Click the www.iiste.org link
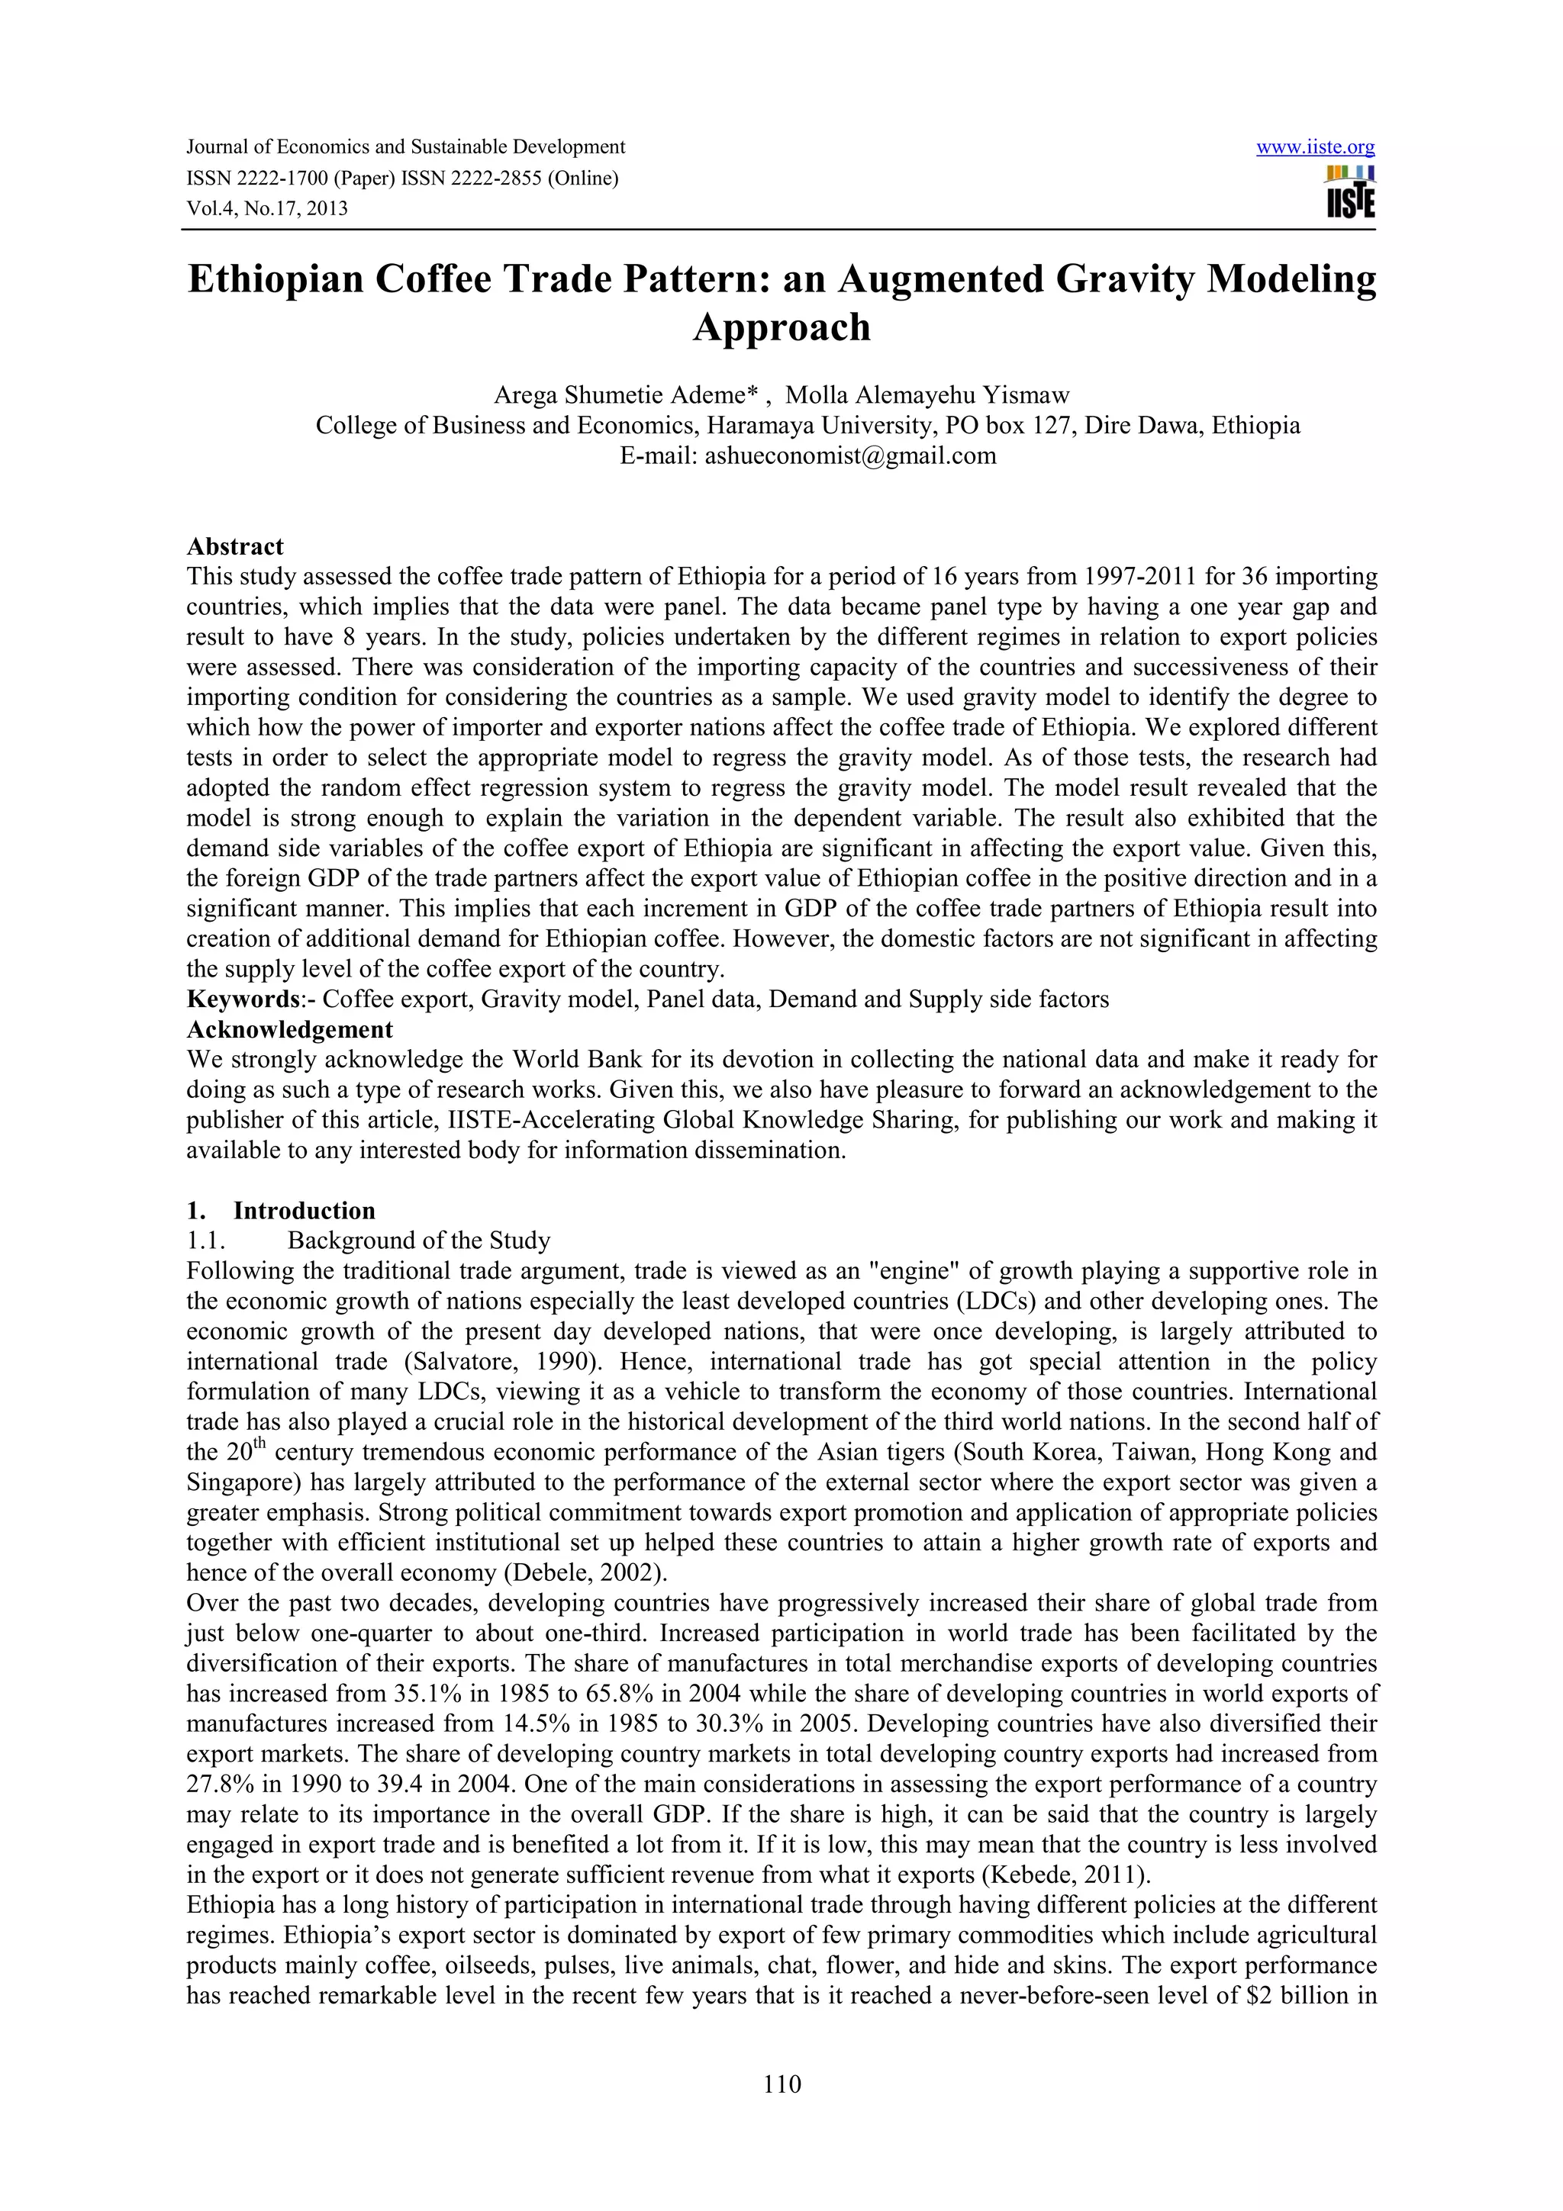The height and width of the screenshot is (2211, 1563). (x=1316, y=147)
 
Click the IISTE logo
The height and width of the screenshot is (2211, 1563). (x=1350, y=194)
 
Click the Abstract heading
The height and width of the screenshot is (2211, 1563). (x=235, y=546)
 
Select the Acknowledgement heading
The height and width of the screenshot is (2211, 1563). (x=290, y=1029)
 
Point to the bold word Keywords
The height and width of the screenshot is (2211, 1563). (x=239, y=999)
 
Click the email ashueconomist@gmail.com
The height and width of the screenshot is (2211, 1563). (x=850, y=455)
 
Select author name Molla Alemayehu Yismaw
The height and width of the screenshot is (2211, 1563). (x=927, y=395)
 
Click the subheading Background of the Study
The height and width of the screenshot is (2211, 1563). (x=419, y=1241)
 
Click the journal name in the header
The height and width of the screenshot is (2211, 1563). (x=405, y=147)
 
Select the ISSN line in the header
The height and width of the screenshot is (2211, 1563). (x=401, y=179)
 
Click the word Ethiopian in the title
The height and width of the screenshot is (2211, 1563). (x=272, y=279)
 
